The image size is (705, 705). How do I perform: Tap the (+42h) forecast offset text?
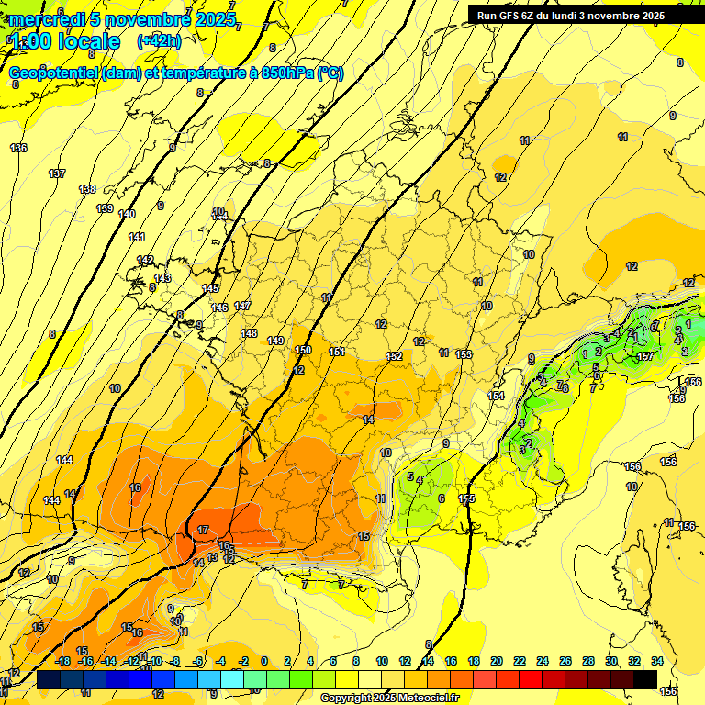click(159, 41)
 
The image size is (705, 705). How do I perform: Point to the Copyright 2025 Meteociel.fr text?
click(389, 699)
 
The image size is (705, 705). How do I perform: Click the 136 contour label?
click(18, 148)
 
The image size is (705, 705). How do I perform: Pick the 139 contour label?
click(105, 208)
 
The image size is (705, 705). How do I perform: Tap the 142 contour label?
click(145, 261)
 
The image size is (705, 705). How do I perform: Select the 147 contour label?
click(242, 306)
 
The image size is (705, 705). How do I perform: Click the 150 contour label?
click(304, 350)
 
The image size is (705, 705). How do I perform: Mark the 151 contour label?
click(337, 352)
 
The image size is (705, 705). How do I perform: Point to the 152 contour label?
click(395, 356)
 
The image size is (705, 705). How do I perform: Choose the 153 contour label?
click(464, 354)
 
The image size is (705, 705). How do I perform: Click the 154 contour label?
click(496, 396)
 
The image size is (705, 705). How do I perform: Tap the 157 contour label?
click(645, 356)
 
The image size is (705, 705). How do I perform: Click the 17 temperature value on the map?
click(203, 531)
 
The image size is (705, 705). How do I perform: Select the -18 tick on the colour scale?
click(62, 661)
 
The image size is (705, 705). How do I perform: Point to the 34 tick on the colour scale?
click(657, 661)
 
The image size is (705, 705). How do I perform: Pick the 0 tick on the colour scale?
click(264, 661)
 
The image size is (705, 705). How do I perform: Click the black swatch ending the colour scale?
click(645, 679)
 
